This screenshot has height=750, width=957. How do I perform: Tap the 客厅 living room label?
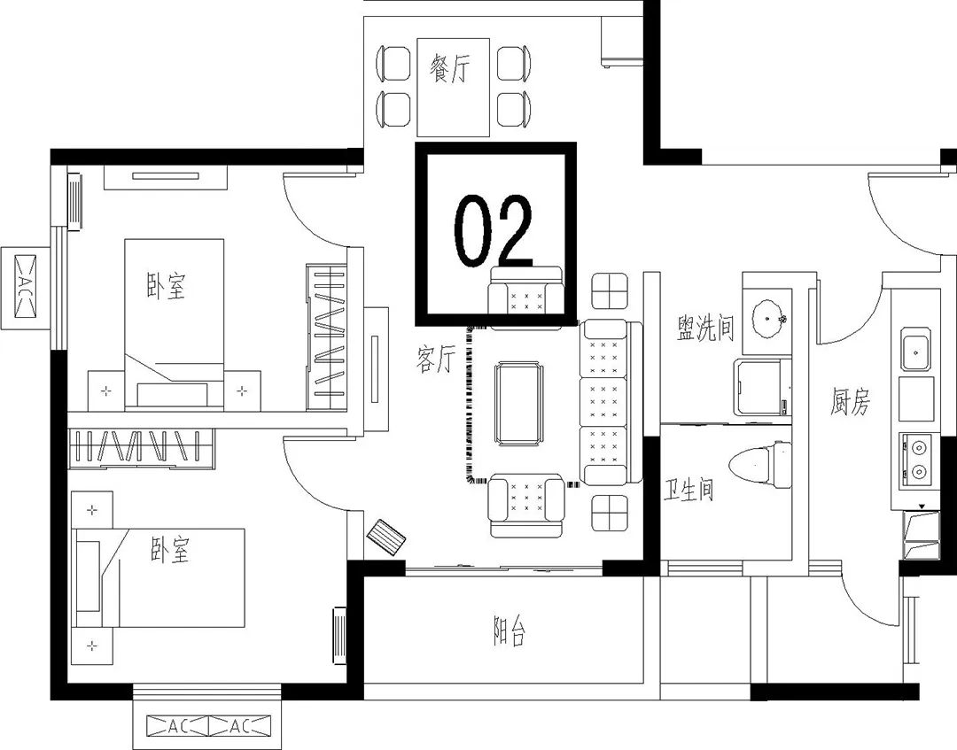pos(436,358)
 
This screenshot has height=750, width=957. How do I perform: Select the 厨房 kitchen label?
pos(850,401)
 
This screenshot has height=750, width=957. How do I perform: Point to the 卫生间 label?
pos(689,489)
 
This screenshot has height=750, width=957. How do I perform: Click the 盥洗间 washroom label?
pos(705,328)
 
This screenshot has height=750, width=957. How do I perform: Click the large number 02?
pos(494,232)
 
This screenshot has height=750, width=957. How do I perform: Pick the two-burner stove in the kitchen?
pos(917,460)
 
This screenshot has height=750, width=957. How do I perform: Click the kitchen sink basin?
pos(915,351)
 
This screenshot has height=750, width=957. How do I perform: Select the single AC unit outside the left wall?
pos(26,284)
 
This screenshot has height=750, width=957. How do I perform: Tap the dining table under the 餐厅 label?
pos(453,87)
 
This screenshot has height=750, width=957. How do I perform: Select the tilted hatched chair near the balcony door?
pos(386,537)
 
